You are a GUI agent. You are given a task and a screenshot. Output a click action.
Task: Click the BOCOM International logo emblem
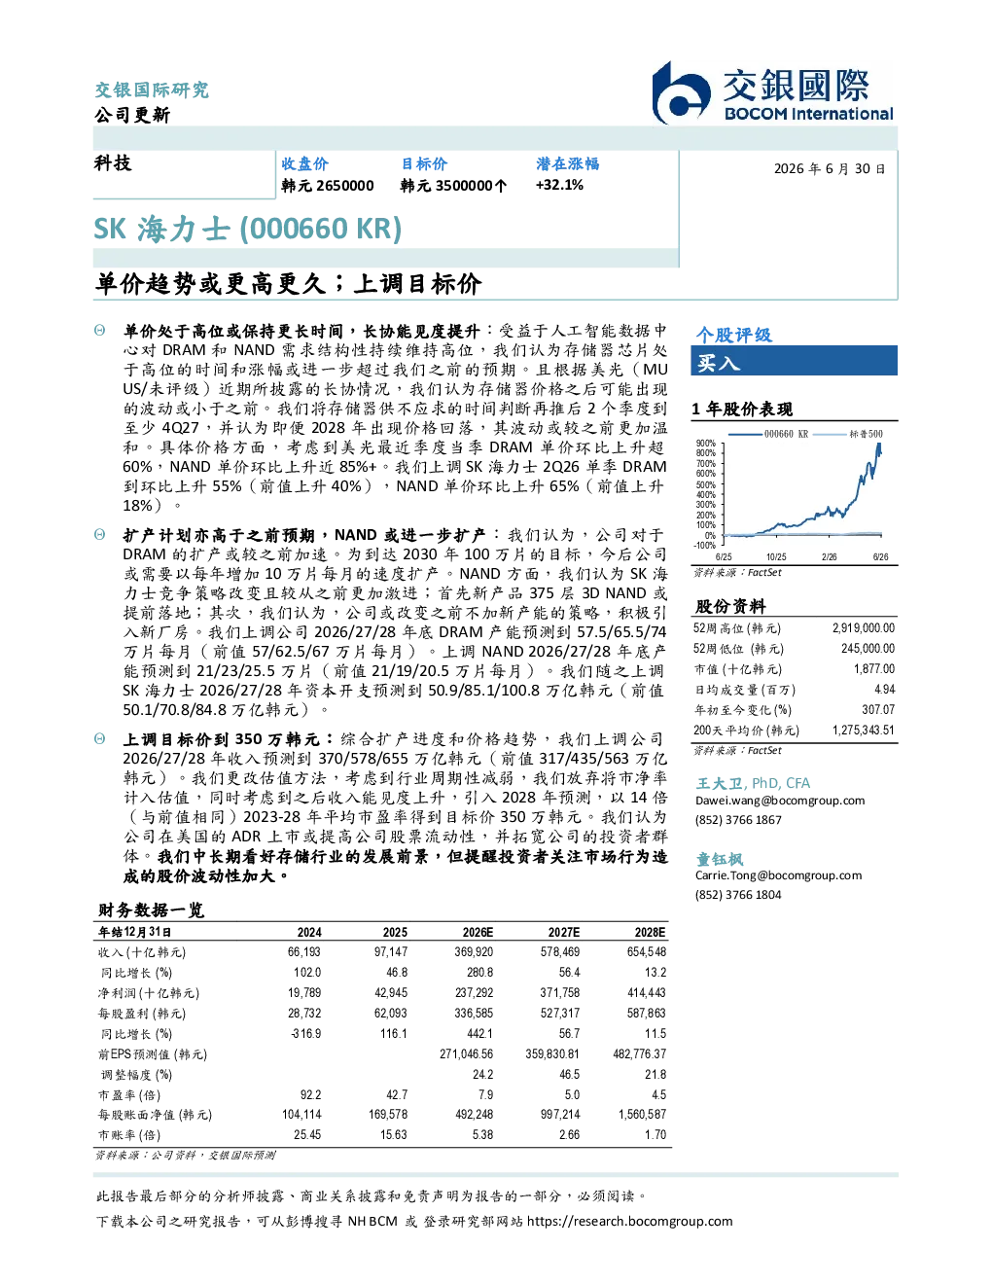pos(681,93)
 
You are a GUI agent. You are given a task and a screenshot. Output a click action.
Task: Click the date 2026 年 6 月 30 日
pos(830,169)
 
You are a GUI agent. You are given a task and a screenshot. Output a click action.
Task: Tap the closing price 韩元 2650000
pos(328,186)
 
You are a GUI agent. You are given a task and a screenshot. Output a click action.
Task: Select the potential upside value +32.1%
pos(559,185)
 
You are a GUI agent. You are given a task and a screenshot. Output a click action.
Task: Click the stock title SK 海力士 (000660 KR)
pos(248,229)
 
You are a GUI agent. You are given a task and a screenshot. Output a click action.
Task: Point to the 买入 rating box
pos(794,361)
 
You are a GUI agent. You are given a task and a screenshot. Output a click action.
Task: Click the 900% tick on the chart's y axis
pos(706,444)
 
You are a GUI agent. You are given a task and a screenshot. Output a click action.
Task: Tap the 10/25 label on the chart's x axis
pos(776,556)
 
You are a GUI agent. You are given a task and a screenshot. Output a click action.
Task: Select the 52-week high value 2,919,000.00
pos(864,628)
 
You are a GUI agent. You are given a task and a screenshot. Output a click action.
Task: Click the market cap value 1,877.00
pos(873,669)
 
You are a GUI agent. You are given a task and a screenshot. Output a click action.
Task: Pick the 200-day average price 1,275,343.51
pos(864,730)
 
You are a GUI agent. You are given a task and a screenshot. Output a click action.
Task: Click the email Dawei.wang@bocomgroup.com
pos(779,801)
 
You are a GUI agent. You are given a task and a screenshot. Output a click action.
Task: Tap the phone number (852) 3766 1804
pos(738,895)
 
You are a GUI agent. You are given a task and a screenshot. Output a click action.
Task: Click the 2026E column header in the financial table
pos(478,933)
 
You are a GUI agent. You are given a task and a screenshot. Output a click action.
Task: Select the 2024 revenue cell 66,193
pos(303,952)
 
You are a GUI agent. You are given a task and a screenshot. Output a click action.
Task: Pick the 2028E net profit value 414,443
pos(647,993)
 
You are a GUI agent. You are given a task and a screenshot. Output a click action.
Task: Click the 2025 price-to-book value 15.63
pos(394,1135)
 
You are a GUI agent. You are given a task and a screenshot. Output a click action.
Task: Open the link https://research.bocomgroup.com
pos(629,1222)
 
